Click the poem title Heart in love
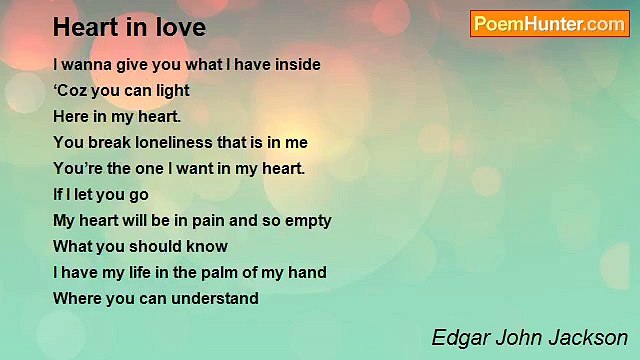point(129,27)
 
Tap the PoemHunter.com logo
point(549,24)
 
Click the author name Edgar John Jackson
point(530,337)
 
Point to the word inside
point(295,65)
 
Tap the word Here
point(71,117)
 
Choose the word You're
point(76,169)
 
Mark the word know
point(207,247)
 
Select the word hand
point(306,273)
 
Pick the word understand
point(213,299)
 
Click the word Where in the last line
point(75,299)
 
